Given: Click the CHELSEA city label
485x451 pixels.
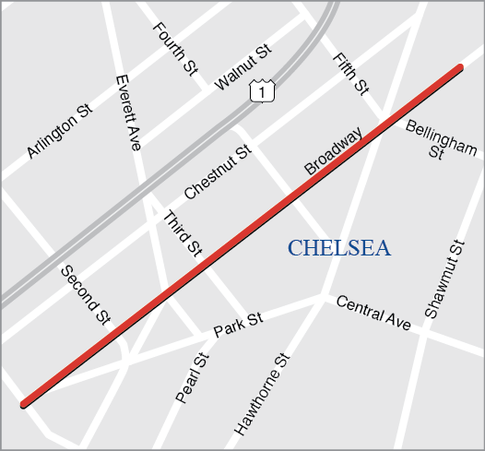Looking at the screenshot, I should click(338, 248).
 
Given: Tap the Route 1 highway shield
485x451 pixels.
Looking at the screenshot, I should click(263, 92).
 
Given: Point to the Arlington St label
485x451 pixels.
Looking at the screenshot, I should click(60, 131).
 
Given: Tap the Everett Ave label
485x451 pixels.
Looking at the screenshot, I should click(128, 113).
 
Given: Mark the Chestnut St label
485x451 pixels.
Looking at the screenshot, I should click(218, 172).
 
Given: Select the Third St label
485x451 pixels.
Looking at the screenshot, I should click(183, 232).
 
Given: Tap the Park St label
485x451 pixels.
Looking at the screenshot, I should click(238, 325).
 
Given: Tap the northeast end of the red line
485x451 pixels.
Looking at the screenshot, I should click(458, 67).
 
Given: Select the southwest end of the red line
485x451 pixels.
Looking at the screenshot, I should click(23, 402).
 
